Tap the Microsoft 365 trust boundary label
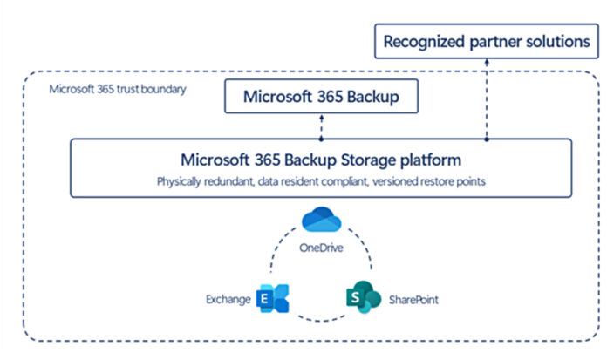tap(118, 89)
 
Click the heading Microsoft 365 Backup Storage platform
tap(320, 160)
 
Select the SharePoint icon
tap(361, 298)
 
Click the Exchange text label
tap(225, 299)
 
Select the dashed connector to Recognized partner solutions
tap(487, 96)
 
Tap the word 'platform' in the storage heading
tap(430, 160)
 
